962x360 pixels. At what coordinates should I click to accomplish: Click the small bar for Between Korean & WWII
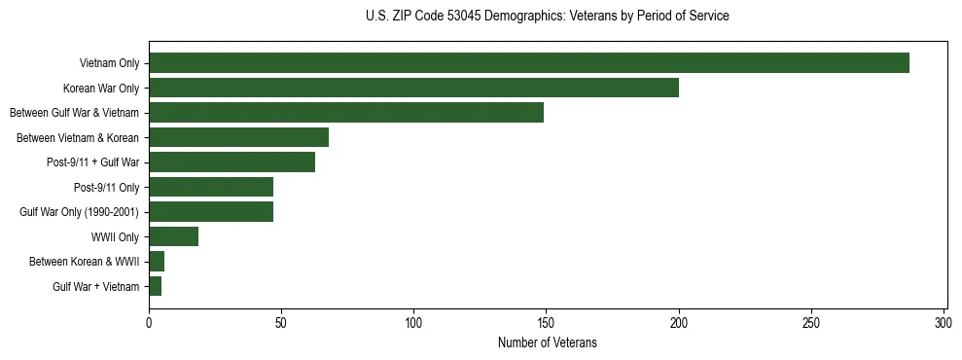pyautogui.click(x=157, y=262)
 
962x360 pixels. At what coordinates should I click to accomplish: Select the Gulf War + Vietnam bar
pyautogui.click(x=156, y=286)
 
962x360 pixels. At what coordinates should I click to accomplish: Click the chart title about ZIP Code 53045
pyautogui.click(x=548, y=17)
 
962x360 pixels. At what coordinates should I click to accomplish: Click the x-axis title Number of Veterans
pyautogui.click(x=548, y=343)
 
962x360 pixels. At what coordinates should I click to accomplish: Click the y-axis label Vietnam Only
pyautogui.click(x=109, y=63)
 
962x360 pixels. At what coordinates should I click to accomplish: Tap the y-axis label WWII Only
pyautogui.click(x=115, y=236)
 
